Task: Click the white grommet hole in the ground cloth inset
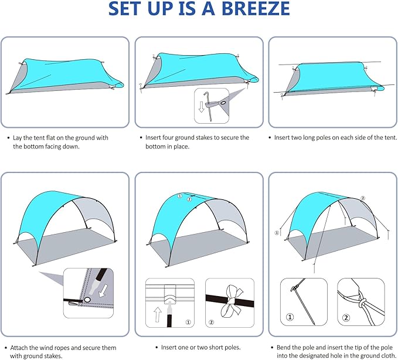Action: click(87, 300)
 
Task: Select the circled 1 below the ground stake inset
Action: click(290, 320)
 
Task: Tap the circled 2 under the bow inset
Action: click(212, 321)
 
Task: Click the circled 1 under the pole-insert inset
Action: click(188, 321)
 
